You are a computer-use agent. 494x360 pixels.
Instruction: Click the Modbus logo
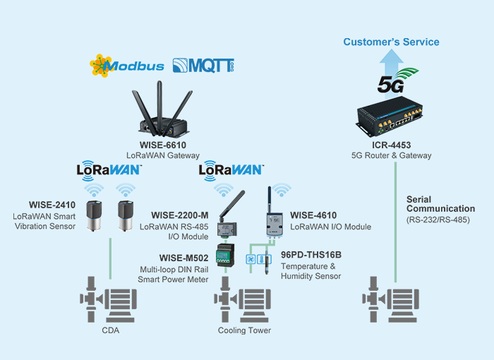tap(127, 66)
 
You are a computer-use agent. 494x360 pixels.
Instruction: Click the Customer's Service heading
tap(391, 42)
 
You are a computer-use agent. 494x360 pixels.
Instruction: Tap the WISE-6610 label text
tap(163, 144)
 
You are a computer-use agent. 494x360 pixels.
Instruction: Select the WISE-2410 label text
tap(52, 204)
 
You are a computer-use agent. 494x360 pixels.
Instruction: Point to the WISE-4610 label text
tap(313, 215)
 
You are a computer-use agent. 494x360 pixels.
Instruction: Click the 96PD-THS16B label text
tap(311, 253)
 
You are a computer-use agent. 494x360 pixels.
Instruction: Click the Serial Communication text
tap(440, 204)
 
